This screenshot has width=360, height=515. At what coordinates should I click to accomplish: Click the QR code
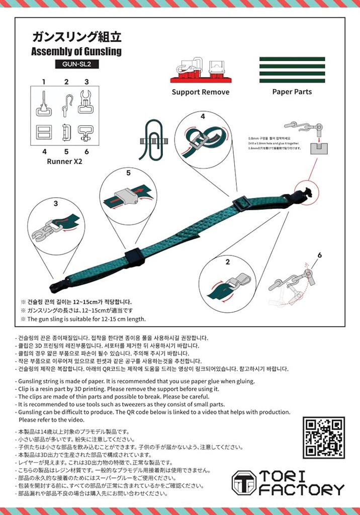point(323,437)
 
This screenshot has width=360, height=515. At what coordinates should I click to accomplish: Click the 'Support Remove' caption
point(200,92)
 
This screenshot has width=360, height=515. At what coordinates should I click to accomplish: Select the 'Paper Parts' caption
point(292,92)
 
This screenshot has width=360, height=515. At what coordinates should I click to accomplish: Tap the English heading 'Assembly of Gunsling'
point(76,51)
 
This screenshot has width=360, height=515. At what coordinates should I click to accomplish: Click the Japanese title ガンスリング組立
point(77,37)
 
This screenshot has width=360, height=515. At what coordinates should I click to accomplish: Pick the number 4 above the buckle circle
point(203,116)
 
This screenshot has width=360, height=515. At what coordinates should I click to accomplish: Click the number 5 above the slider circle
point(128,173)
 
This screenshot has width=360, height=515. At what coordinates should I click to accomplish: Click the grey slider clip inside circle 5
point(126,195)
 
